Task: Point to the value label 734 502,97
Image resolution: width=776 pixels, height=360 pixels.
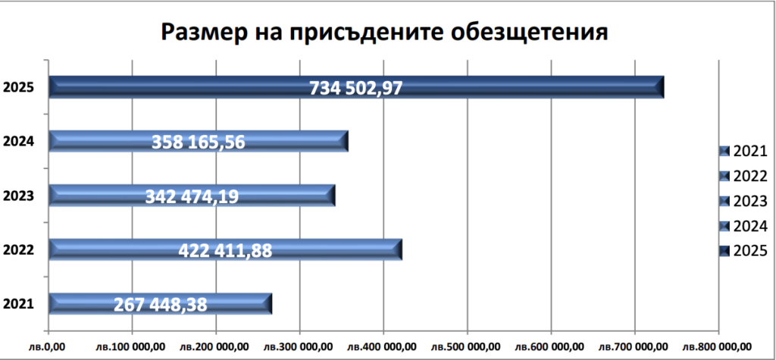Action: click(356, 88)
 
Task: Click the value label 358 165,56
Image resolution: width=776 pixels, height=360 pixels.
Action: click(199, 142)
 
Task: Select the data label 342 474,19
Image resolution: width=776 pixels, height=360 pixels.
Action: click(192, 196)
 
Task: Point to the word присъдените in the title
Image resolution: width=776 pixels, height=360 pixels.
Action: click(362, 32)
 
